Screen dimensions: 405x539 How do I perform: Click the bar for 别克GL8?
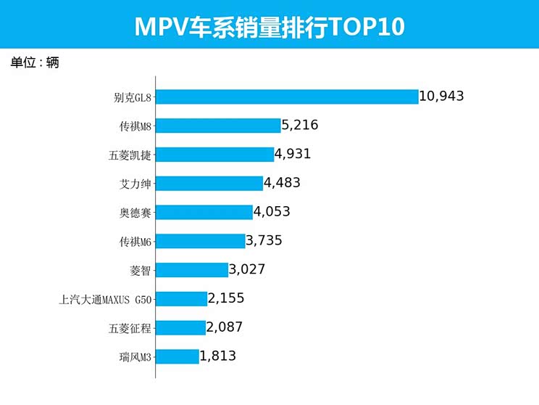coord(287,97)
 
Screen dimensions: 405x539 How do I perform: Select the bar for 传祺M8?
coord(218,126)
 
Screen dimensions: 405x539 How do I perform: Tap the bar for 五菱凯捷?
coord(214,154)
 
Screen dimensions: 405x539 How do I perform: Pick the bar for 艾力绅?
coord(209,183)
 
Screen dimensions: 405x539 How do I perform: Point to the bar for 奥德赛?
coord(204,212)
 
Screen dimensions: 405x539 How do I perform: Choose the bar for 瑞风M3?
coord(177,356)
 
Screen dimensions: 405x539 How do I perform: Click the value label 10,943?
coord(441,97)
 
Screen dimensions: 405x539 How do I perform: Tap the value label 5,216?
coord(300,126)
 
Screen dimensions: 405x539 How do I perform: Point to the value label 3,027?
coord(247,269)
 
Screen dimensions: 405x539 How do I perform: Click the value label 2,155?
coord(226,298)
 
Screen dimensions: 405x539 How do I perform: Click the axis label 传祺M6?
coord(135,241)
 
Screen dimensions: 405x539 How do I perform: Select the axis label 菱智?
coord(141,270)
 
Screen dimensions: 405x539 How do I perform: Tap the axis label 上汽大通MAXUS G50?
coord(106,299)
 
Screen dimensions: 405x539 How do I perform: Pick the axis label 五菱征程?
coord(130,328)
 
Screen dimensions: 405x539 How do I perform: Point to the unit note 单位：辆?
coord(35,62)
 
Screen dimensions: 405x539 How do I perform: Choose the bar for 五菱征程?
coord(180,327)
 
